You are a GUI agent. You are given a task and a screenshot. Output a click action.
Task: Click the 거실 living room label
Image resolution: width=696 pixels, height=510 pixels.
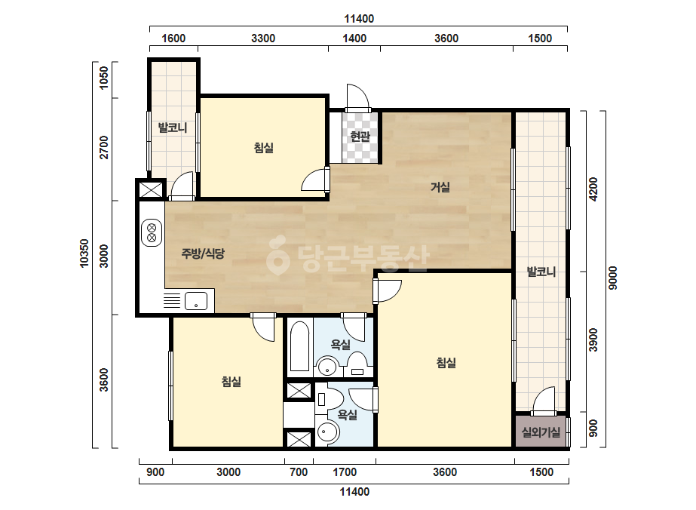[x=440, y=187]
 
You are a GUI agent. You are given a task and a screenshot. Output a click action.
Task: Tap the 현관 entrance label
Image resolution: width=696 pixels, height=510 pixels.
[x=360, y=136]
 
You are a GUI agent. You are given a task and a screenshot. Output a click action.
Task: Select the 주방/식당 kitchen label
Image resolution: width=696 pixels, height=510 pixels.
[x=203, y=253]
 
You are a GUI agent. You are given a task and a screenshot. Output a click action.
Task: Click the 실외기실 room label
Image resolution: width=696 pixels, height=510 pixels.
[x=541, y=432]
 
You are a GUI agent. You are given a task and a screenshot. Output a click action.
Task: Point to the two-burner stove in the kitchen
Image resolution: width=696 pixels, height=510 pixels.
[x=152, y=233]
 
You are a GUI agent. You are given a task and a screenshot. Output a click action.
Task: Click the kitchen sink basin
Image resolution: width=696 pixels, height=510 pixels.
[x=196, y=301]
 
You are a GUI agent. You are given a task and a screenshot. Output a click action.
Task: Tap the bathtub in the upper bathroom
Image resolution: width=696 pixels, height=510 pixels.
[x=299, y=346]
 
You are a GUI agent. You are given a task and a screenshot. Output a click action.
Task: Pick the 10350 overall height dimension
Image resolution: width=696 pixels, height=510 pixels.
[x=84, y=253]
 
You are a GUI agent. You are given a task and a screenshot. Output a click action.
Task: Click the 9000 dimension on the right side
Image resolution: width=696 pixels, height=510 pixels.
[x=612, y=278]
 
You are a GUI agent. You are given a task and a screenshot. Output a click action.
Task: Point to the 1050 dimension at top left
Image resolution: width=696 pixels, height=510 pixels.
[x=103, y=78]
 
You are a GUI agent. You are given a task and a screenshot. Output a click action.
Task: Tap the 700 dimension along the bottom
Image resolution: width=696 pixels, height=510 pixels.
[x=299, y=472]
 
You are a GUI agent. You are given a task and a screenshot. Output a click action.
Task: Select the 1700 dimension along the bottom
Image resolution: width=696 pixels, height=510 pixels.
[x=345, y=472]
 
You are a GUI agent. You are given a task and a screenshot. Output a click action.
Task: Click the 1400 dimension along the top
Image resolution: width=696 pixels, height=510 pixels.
[x=354, y=38]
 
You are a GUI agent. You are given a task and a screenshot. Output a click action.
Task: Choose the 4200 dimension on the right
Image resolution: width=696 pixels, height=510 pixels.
[x=593, y=189]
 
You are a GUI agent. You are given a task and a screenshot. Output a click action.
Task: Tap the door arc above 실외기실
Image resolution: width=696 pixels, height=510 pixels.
[x=544, y=401]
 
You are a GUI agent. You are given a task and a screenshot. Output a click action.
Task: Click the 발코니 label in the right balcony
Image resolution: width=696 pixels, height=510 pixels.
[x=541, y=272]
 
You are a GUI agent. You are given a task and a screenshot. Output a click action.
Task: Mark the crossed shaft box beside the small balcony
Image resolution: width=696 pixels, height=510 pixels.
[x=151, y=189]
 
